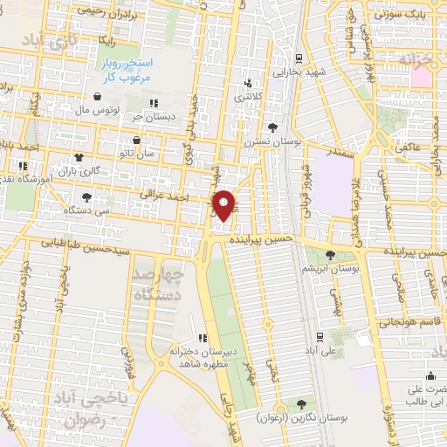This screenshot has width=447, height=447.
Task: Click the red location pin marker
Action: (224, 204)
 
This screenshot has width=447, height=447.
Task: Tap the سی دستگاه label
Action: (91, 210)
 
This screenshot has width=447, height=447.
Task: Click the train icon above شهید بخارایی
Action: (299, 58)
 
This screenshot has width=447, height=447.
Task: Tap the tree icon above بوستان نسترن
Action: (273, 127)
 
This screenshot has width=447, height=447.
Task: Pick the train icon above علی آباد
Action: (320, 336)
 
